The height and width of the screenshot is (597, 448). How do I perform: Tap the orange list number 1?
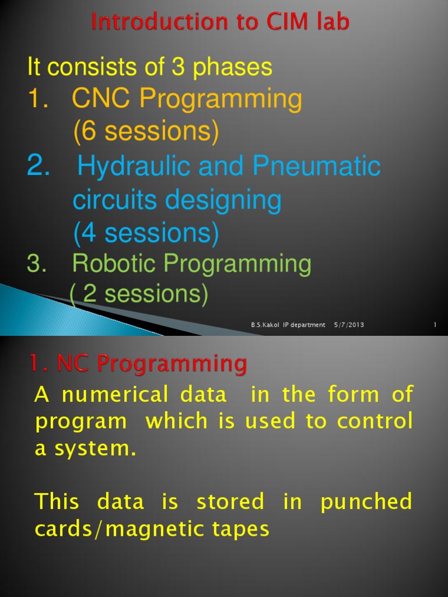click(38, 100)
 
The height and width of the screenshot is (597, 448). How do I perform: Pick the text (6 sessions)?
click(146, 132)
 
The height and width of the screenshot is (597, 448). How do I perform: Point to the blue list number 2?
click(39, 167)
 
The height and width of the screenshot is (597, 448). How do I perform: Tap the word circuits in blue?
click(115, 201)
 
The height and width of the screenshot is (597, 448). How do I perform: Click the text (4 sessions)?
click(146, 233)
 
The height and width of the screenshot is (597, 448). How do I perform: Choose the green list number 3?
click(36, 264)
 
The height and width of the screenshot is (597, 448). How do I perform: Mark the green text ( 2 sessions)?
click(139, 294)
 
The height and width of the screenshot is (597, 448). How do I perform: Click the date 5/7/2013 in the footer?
click(349, 325)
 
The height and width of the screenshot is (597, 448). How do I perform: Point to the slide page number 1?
click(435, 325)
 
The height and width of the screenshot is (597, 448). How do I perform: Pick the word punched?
click(366, 502)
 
